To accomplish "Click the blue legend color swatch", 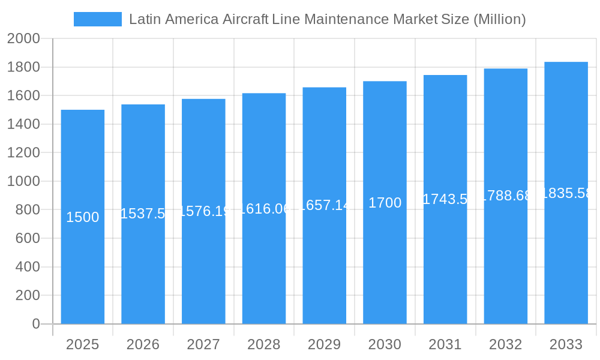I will click(x=97, y=19).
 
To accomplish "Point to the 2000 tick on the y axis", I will click(x=23, y=39).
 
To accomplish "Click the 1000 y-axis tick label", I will click(x=23, y=181).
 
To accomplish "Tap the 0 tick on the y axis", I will click(x=35, y=324).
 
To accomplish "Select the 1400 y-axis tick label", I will click(x=23, y=124).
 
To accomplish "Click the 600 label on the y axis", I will click(x=27, y=238).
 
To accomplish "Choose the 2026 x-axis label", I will click(x=143, y=344).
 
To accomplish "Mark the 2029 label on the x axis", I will click(x=324, y=344).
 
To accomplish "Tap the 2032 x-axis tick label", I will click(x=505, y=344).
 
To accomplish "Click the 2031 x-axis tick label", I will click(x=445, y=344).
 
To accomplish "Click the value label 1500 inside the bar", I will click(x=83, y=217).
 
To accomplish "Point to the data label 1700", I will click(x=385, y=203).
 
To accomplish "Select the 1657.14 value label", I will click(x=324, y=205).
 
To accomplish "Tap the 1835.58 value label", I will click(x=566, y=193).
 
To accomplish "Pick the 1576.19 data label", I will click(x=203, y=211).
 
